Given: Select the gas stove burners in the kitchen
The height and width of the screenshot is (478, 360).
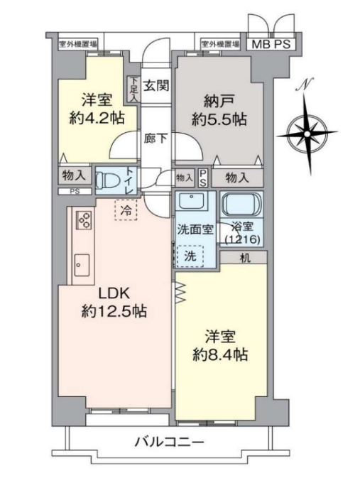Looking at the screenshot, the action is point(83,220).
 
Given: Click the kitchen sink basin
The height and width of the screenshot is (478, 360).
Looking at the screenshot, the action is point(82,265).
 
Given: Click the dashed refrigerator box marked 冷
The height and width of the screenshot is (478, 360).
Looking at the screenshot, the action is point(126,210).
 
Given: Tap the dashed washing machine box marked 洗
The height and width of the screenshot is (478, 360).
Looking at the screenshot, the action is point(190,256).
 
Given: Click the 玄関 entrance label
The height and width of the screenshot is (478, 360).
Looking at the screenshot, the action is point(156,85).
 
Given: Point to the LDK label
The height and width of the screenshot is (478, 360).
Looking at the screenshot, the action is point(114,293).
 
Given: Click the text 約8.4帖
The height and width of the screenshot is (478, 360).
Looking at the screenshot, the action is point(220,355).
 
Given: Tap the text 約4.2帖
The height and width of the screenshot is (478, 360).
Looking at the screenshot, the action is point(97,118).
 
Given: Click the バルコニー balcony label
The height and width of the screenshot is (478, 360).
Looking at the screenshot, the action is point(169,441).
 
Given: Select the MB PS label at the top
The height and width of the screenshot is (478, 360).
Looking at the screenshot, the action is point(271,45).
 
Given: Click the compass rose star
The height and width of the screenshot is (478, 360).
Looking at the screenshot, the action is point(307,134).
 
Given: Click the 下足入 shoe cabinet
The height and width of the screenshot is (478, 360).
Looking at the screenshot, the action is point(133,89).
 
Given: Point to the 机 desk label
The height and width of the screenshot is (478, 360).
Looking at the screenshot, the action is point(245,258).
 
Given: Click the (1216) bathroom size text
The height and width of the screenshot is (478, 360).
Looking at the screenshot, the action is point(242,240).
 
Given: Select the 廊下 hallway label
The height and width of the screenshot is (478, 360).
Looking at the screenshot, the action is point(156,138).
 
